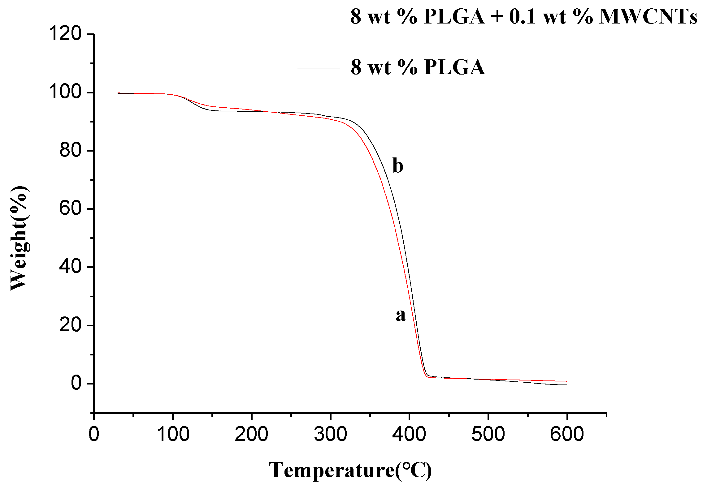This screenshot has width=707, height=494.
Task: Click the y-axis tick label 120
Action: click(65, 34)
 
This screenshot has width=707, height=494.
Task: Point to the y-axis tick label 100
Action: click(65, 92)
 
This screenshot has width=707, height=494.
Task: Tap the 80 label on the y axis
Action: click(70, 150)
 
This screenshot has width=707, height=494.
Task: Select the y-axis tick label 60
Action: click(70, 208)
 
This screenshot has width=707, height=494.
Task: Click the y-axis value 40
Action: click(70, 267)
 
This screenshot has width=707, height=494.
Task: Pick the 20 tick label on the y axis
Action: click(70, 325)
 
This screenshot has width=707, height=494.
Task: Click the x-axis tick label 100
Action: click(173, 434)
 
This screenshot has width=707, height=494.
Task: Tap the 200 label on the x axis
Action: click(251, 434)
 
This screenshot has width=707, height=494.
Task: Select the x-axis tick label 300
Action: click(330, 434)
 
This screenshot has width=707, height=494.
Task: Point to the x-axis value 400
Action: click(409, 434)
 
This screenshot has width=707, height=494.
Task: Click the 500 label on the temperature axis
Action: click(488, 434)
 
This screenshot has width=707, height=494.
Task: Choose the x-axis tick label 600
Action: click(567, 434)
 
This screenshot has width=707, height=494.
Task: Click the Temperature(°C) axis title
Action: click(350, 470)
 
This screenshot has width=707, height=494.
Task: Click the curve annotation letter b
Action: click(398, 165)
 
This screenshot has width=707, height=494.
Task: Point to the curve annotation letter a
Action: click(401, 315)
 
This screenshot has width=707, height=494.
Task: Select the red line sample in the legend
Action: click(319, 17)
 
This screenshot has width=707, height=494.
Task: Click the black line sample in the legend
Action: click(319, 68)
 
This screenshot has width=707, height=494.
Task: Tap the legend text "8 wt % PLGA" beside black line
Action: click(418, 67)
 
